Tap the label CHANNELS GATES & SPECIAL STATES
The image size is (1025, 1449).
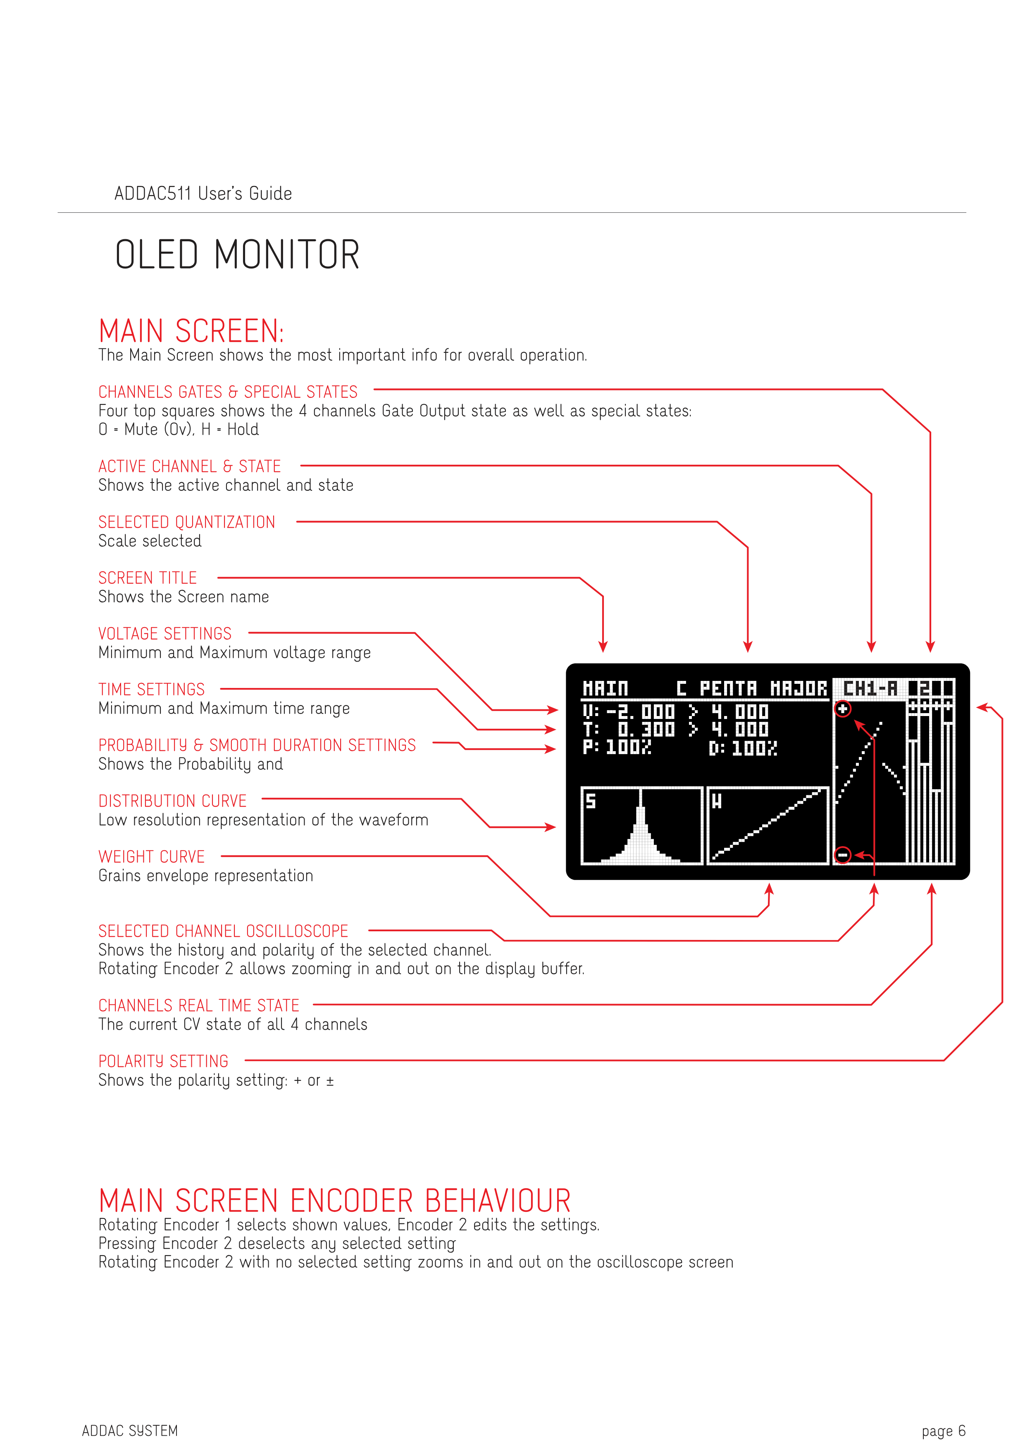click(228, 392)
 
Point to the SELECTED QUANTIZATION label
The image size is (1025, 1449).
click(187, 523)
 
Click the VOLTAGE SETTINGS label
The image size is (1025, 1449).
click(165, 634)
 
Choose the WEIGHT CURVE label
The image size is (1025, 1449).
click(152, 857)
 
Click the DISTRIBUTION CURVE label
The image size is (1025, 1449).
click(172, 802)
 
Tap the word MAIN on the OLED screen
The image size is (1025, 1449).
click(605, 688)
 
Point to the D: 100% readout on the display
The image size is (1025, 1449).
click(743, 749)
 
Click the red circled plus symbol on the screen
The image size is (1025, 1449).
click(843, 709)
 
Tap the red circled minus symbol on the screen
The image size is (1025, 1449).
click(843, 856)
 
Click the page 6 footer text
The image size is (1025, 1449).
click(943, 1431)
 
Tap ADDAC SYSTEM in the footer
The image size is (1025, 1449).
click(130, 1431)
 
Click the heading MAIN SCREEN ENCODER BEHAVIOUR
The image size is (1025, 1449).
click(334, 1201)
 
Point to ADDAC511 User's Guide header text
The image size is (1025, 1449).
click(203, 194)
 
